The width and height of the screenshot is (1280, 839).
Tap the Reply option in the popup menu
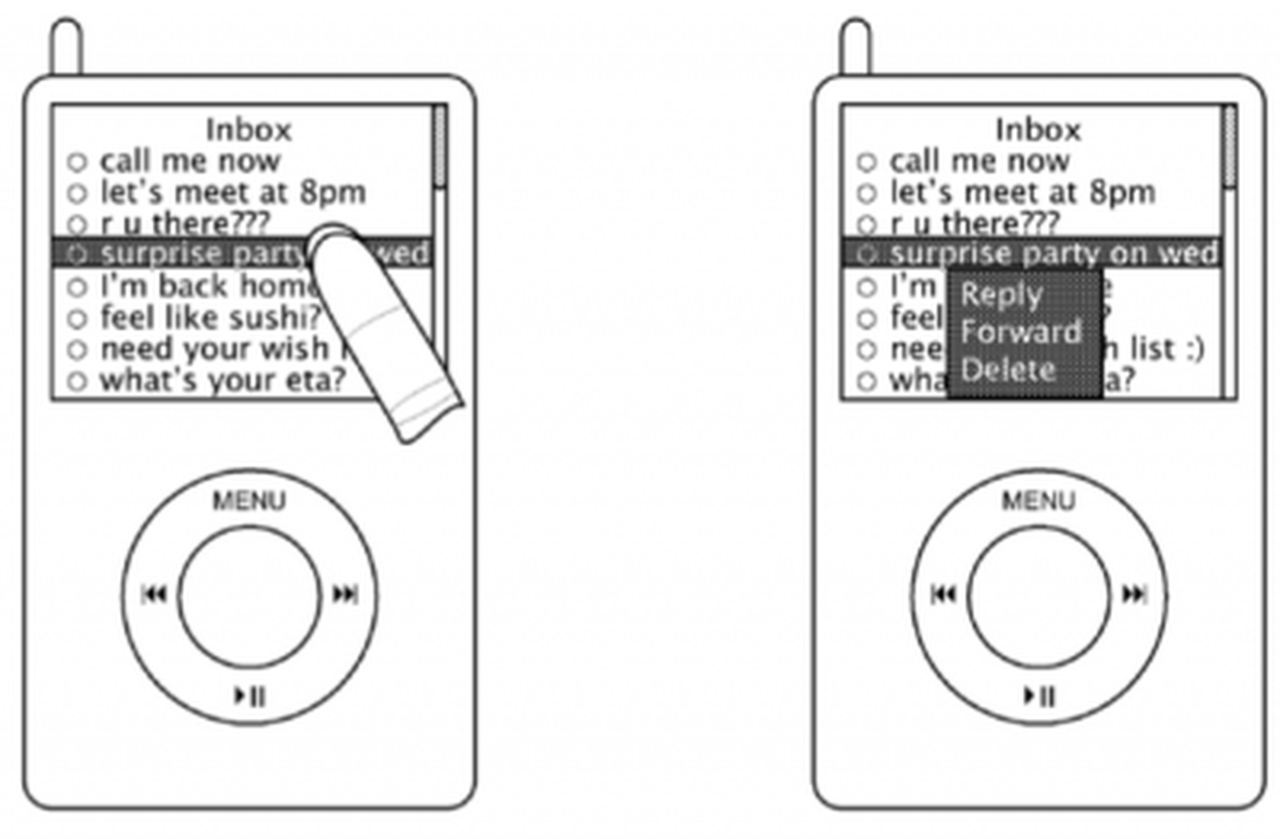pyautogui.click(x=1002, y=295)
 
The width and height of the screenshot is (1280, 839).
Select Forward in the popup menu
pyautogui.click(x=1021, y=331)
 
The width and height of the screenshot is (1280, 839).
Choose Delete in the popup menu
pyautogui.click(x=1008, y=370)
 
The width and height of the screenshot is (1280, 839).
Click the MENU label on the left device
pyautogui.click(x=249, y=501)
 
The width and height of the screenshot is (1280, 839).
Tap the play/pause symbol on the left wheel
pyautogui.click(x=250, y=696)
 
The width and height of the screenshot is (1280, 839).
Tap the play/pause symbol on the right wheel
pyautogui.click(x=1039, y=696)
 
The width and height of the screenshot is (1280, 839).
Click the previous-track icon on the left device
pyautogui.click(x=154, y=594)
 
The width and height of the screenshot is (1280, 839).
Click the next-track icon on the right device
pyautogui.click(x=1134, y=594)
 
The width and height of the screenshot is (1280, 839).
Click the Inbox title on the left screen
pyautogui.click(x=249, y=130)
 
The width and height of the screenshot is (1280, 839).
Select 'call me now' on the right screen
pyautogui.click(x=979, y=162)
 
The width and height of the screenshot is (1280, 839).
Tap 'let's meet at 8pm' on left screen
pyautogui.click(x=232, y=193)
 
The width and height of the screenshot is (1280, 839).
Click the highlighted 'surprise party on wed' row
pyautogui.click(x=1053, y=254)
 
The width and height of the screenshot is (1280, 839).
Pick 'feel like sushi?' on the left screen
pyautogui.click(x=210, y=318)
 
